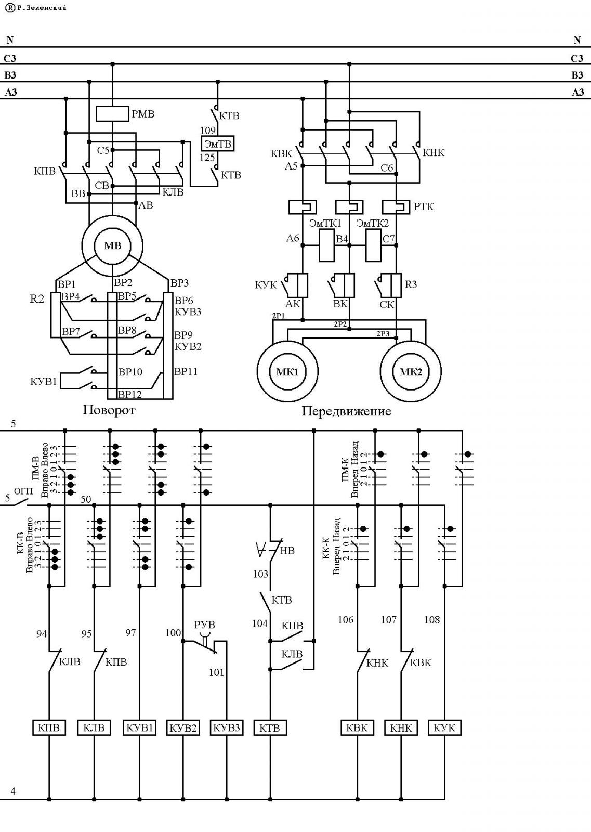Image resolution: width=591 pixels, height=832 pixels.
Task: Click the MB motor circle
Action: click(112, 216)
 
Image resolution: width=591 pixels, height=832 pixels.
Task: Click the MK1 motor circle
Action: click(287, 341)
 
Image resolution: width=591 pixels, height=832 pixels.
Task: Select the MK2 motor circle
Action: click(411, 341)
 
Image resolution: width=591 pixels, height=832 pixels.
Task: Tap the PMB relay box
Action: click(112, 114)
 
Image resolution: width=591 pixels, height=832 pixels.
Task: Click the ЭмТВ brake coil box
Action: click(218, 144)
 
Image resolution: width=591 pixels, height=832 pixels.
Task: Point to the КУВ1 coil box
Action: click(139, 727)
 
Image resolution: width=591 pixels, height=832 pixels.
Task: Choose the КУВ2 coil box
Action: click(183, 727)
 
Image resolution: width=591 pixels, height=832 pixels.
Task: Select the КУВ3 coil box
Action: click(227, 727)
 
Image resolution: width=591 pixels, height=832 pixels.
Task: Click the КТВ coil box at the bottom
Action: click(270, 727)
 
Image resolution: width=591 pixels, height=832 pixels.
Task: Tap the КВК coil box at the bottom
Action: click(357, 727)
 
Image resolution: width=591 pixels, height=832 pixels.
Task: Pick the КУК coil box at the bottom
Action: click(444, 727)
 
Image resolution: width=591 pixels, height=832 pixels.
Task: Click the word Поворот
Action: click(109, 410)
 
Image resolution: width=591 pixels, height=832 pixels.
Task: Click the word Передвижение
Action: click(346, 411)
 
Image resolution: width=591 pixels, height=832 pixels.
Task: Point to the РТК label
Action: click(424, 206)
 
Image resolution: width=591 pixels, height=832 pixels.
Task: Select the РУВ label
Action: click(205, 625)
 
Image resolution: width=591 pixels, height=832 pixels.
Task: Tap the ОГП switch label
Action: click(23, 491)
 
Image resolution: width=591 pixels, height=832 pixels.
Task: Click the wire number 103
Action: click(260, 574)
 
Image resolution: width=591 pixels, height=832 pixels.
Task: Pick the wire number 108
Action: click(432, 619)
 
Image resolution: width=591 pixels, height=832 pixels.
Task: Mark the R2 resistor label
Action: click(37, 298)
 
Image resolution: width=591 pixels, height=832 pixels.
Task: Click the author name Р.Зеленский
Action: click(42, 7)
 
